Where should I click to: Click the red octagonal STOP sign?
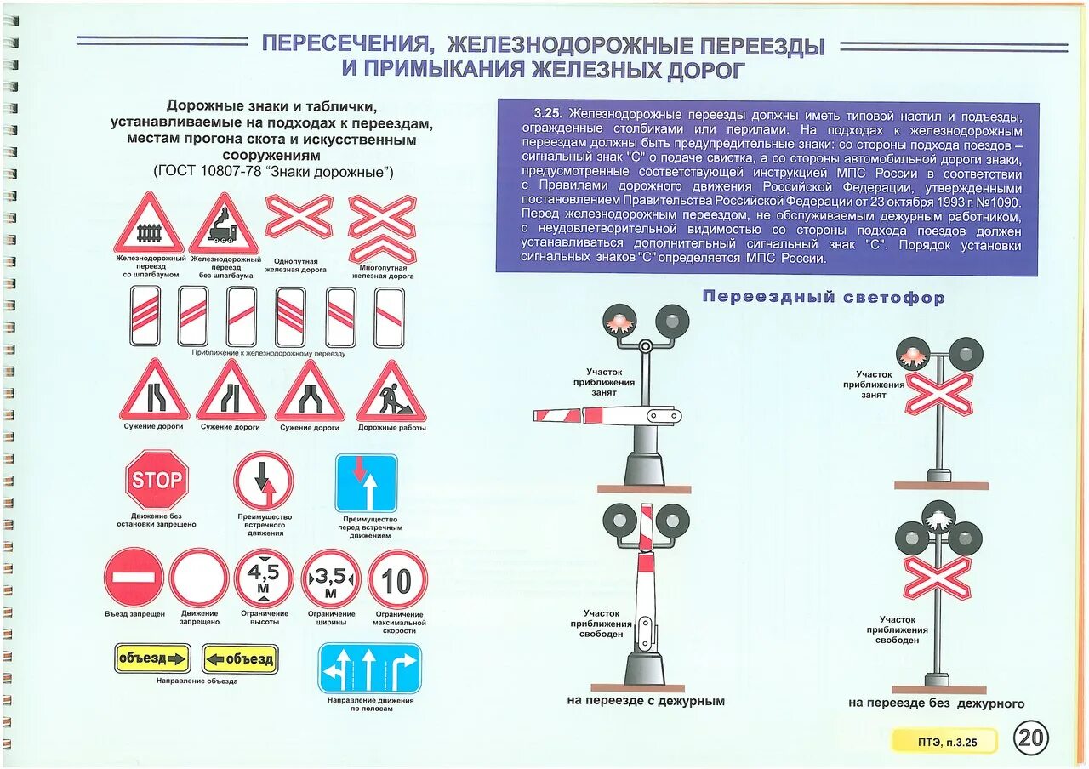point(157,481)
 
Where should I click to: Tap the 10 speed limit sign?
point(396,580)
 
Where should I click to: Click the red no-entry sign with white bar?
point(134,578)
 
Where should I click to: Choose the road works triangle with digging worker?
point(391,393)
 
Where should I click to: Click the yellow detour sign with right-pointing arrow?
point(152,658)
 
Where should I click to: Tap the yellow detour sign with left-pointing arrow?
point(240,658)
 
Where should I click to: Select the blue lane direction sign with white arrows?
point(369,669)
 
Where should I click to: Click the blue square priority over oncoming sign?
point(366,483)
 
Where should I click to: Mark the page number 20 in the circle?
point(1031,738)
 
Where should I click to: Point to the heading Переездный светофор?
point(823,298)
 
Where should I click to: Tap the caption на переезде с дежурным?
point(645,701)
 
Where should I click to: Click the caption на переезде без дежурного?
point(936,703)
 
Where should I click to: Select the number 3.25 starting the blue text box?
point(550,113)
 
